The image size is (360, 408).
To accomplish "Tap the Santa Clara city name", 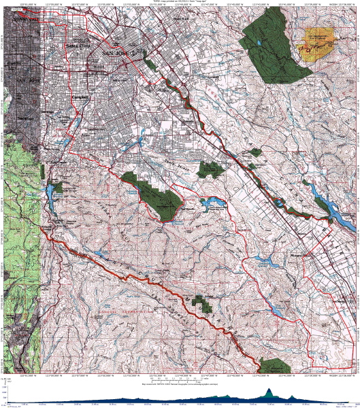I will point(77,46).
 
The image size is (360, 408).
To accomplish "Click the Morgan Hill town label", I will point(300,254).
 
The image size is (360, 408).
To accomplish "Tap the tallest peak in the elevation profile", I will point(269,392).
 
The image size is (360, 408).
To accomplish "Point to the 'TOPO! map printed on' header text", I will point(179,2).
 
